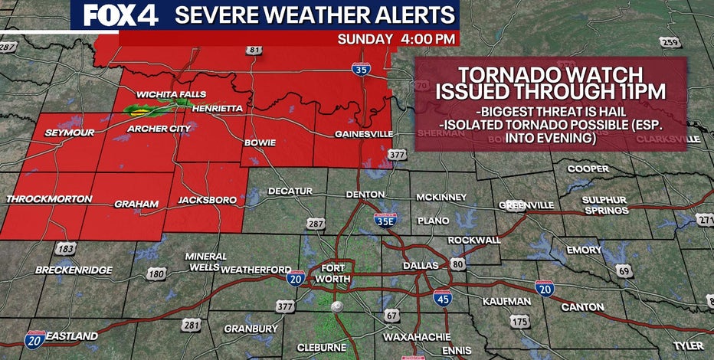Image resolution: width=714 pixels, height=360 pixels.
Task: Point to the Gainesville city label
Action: (364, 135)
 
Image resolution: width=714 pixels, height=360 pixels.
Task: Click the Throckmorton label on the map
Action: (49, 199)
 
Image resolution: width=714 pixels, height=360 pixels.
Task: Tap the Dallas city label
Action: (421, 266)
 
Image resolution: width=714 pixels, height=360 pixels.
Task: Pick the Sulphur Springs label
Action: (605, 205)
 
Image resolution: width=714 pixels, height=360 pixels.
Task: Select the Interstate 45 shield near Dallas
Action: (442, 298)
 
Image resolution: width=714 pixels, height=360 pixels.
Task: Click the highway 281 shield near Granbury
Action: (192, 326)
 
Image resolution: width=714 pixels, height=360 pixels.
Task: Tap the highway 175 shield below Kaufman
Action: (520, 321)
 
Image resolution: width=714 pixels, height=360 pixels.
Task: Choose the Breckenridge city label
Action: (74, 270)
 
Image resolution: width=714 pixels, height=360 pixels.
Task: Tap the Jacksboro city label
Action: (207, 200)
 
